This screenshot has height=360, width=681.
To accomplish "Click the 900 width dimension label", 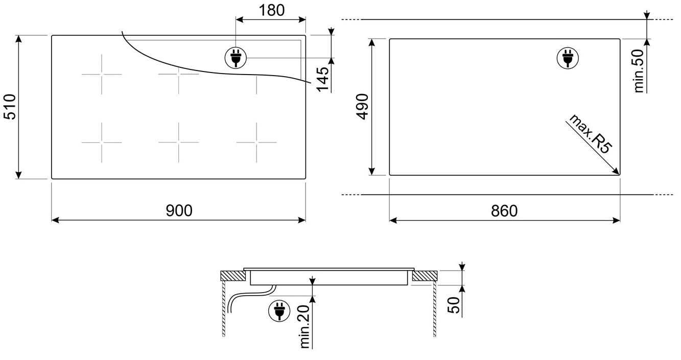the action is pyautogui.click(x=179, y=210).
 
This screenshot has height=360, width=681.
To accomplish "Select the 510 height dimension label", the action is pyautogui.click(x=10, y=107).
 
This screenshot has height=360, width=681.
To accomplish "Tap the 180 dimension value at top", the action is pyautogui.click(x=271, y=10).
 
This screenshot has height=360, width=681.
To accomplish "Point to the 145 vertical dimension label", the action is pyautogui.click(x=322, y=79).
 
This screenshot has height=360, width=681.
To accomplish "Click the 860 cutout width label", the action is pyautogui.click(x=504, y=211).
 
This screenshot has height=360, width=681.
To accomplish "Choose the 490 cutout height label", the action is pyautogui.click(x=363, y=107).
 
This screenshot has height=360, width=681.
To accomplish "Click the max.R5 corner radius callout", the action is pyautogui.click(x=590, y=134).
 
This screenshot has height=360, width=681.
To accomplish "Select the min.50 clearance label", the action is pyautogui.click(x=639, y=71).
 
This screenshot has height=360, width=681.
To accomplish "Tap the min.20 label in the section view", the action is pyautogui.click(x=304, y=327).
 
